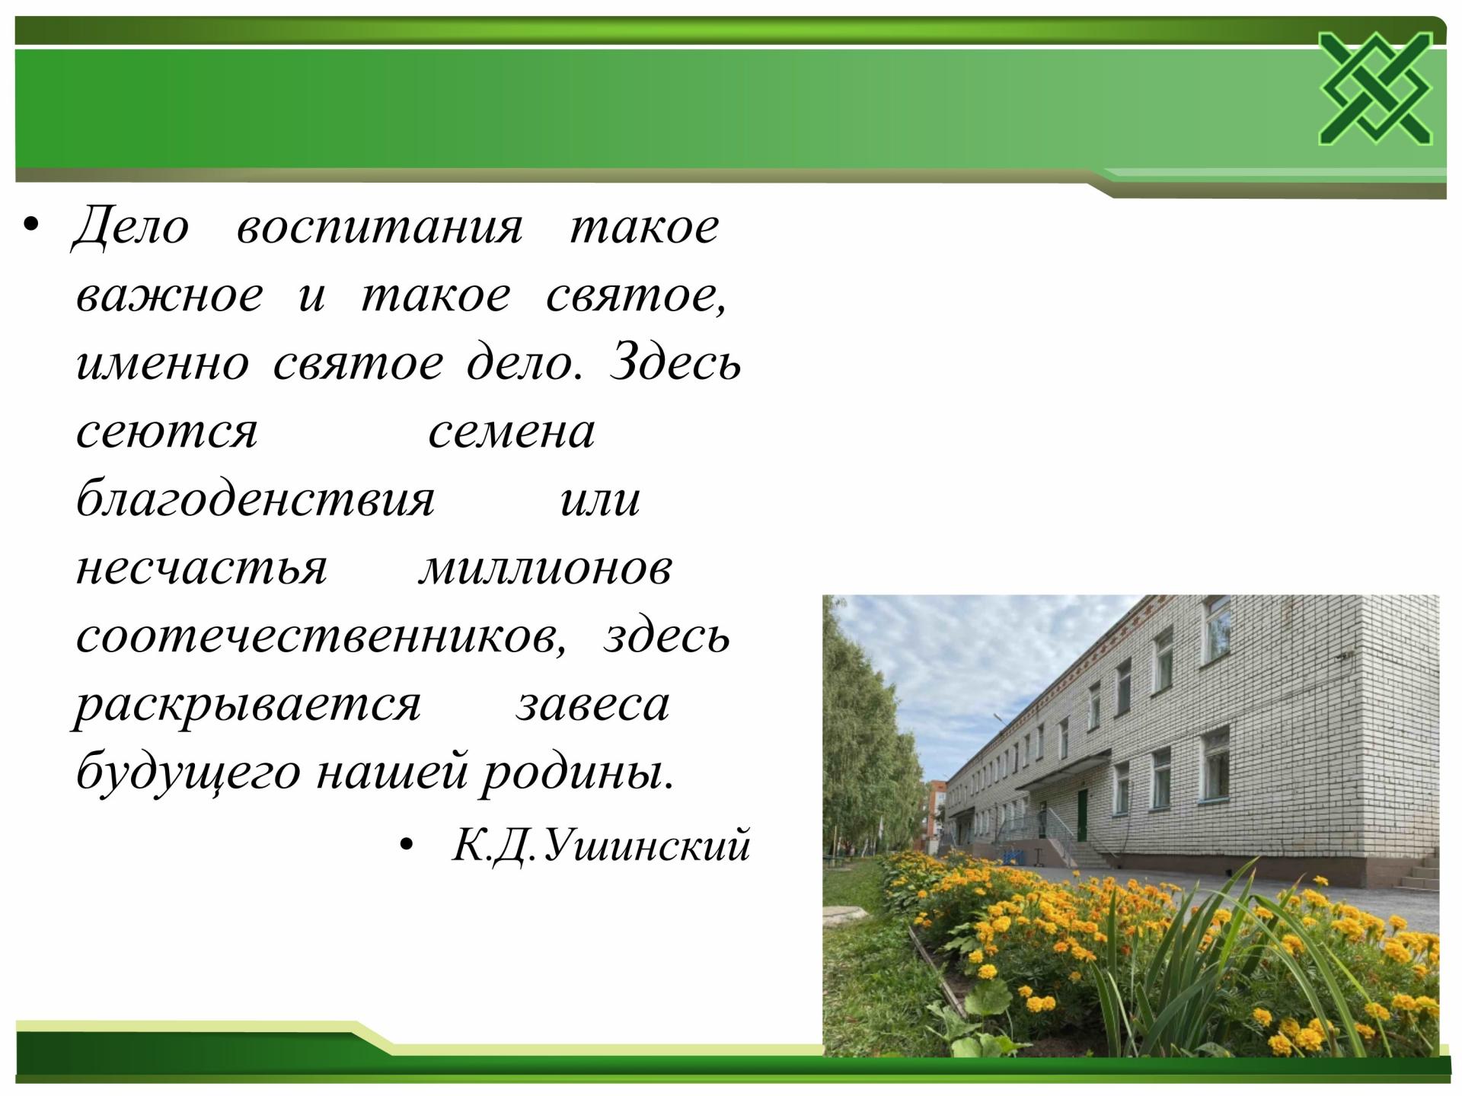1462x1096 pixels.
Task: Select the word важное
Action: (x=169, y=296)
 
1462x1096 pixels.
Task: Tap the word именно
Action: (x=162, y=364)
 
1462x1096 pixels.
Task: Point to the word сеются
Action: (x=167, y=432)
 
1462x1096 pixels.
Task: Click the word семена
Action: (x=511, y=432)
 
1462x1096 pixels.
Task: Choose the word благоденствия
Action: (x=255, y=500)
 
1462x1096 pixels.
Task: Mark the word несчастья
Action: (x=201, y=569)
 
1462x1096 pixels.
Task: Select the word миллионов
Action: (x=545, y=569)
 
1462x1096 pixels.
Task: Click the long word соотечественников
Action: (x=321, y=637)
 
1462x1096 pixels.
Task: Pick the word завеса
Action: (x=592, y=706)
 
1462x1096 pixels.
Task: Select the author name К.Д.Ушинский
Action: (x=602, y=845)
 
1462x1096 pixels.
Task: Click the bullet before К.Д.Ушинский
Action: (x=409, y=845)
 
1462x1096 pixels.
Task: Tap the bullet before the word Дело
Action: (x=31, y=225)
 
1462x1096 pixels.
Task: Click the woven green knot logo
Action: (x=1375, y=89)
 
